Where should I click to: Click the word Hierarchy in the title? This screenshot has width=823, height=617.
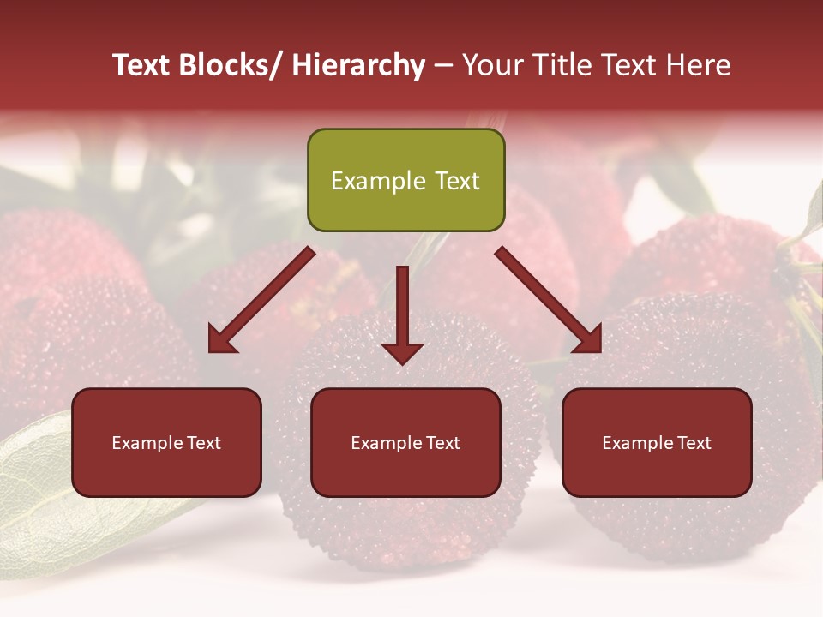tap(358, 66)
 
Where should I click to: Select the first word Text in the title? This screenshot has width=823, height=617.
tap(143, 66)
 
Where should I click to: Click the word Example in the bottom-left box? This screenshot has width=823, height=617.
tap(147, 443)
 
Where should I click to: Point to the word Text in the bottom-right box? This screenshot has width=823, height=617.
tap(693, 443)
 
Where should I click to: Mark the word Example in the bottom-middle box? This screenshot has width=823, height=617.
tap(386, 443)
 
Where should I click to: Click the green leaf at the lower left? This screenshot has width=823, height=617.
tap(43, 497)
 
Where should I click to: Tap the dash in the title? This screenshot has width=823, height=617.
tap(443, 66)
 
